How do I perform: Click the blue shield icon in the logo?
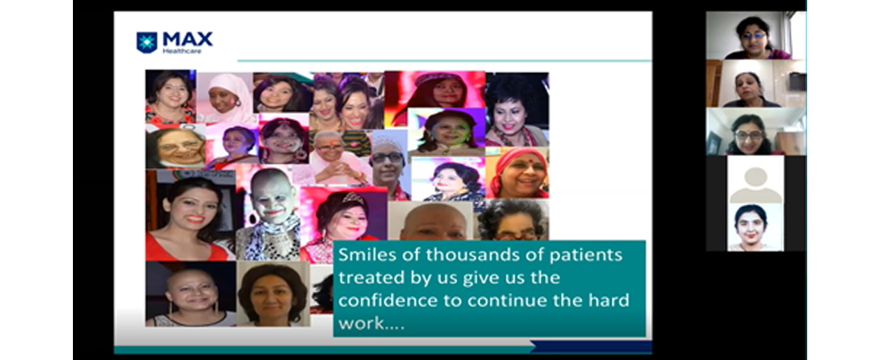tap(147, 43)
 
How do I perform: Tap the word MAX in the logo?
tap(188, 39)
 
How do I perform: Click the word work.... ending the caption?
tap(372, 324)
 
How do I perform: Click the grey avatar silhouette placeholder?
tap(755, 185)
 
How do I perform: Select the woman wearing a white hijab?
tap(225, 98)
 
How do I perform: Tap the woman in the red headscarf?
tap(517, 173)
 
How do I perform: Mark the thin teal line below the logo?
tap(444, 60)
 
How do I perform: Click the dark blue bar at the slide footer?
tap(591, 347)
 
